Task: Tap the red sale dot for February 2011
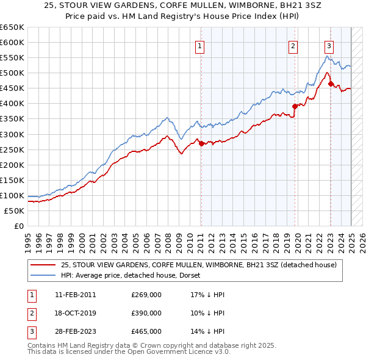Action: pyautogui.click(x=201, y=144)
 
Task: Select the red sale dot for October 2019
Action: pyautogui.click(x=295, y=106)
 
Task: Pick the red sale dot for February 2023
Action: pyautogui.click(x=331, y=84)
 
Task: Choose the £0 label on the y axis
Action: pyautogui.click(x=18, y=226)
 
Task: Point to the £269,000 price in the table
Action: pyautogui.click(x=146, y=295)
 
